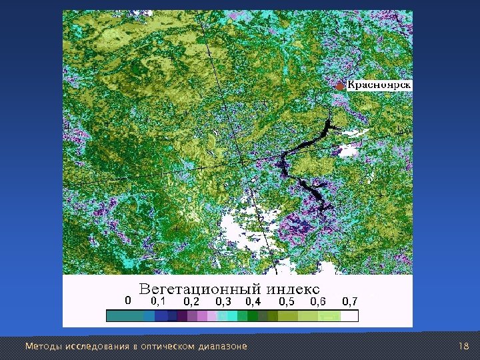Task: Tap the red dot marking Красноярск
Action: (x=341, y=86)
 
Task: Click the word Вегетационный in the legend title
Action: (x=199, y=290)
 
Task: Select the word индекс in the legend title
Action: (x=294, y=290)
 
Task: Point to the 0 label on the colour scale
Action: (x=129, y=301)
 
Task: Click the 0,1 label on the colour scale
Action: (x=158, y=301)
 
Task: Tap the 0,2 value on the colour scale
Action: (x=191, y=301)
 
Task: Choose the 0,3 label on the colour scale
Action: (x=223, y=301)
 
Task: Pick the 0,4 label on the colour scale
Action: (x=253, y=301)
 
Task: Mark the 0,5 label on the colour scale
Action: (x=287, y=301)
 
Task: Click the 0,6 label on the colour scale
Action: (x=318, y=301)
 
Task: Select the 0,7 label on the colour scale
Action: (x=350, y=301)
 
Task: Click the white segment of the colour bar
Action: (x=349, y=316)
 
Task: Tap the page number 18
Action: (x=465, y=347)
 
